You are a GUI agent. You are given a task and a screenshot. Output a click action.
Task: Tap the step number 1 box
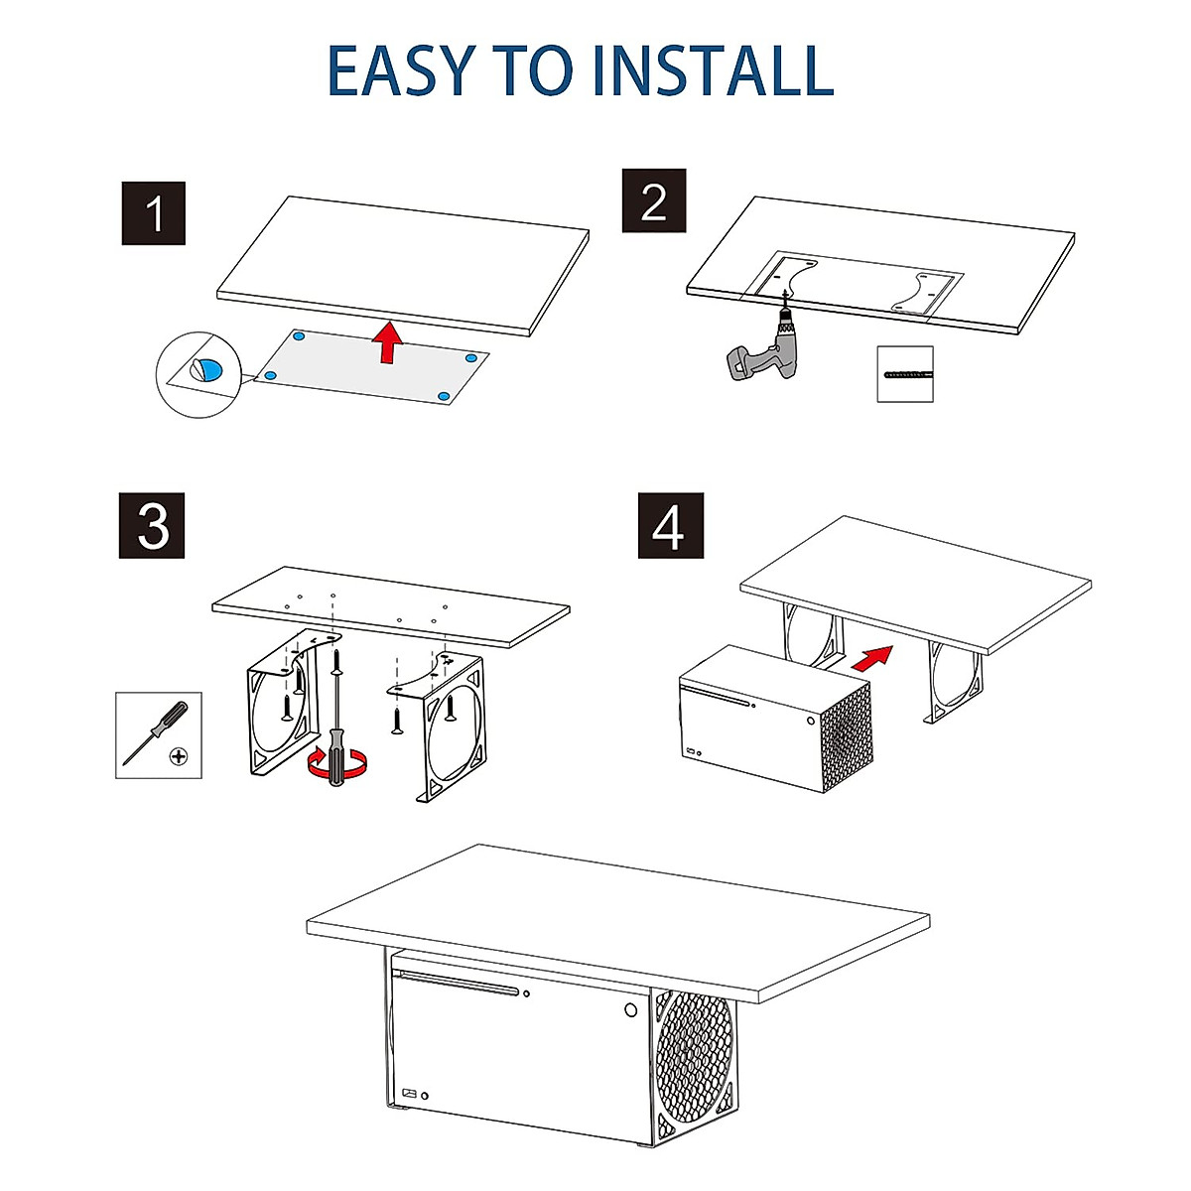tap(153, 213)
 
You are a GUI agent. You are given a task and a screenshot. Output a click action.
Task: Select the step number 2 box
tap(653, 200)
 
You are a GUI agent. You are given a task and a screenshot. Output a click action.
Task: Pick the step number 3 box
tap(152, 525)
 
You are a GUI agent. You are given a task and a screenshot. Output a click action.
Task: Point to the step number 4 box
tap(671, 525)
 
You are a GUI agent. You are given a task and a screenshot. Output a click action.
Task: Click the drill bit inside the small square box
tap(907, 374)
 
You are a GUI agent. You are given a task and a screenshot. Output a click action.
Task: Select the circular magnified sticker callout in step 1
tap(199, 374)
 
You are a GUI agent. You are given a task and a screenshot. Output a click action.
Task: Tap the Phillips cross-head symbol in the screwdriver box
tap(179, 756)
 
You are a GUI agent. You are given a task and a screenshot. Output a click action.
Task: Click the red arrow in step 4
tap(872, 657)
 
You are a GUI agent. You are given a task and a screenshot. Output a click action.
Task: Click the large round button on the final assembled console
tap(630, 1010)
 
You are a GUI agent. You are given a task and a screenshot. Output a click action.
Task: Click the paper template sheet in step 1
tap(371, 367)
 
